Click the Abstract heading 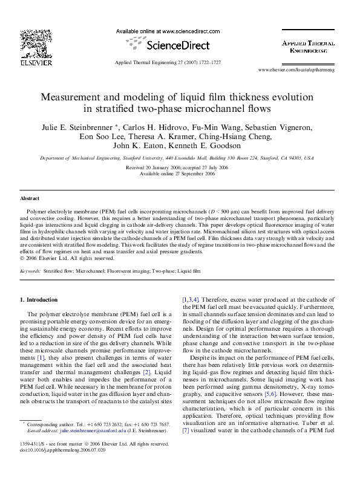pyautogui.click(x=30, y=198)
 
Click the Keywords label pyautogui.click(x=30, y=272)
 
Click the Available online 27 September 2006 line pyautogui.click(x=177, y=173)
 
